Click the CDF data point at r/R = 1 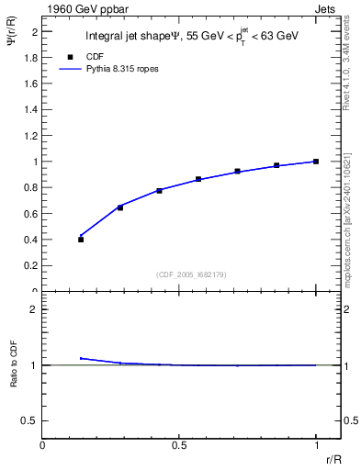point(316,162)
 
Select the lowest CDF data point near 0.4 point(81,240)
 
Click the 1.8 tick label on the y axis point(30,57)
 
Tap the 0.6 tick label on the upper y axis point(30,214)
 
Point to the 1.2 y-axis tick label point(30,136)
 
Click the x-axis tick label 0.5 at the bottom point(180,445)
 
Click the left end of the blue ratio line point(82,358)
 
